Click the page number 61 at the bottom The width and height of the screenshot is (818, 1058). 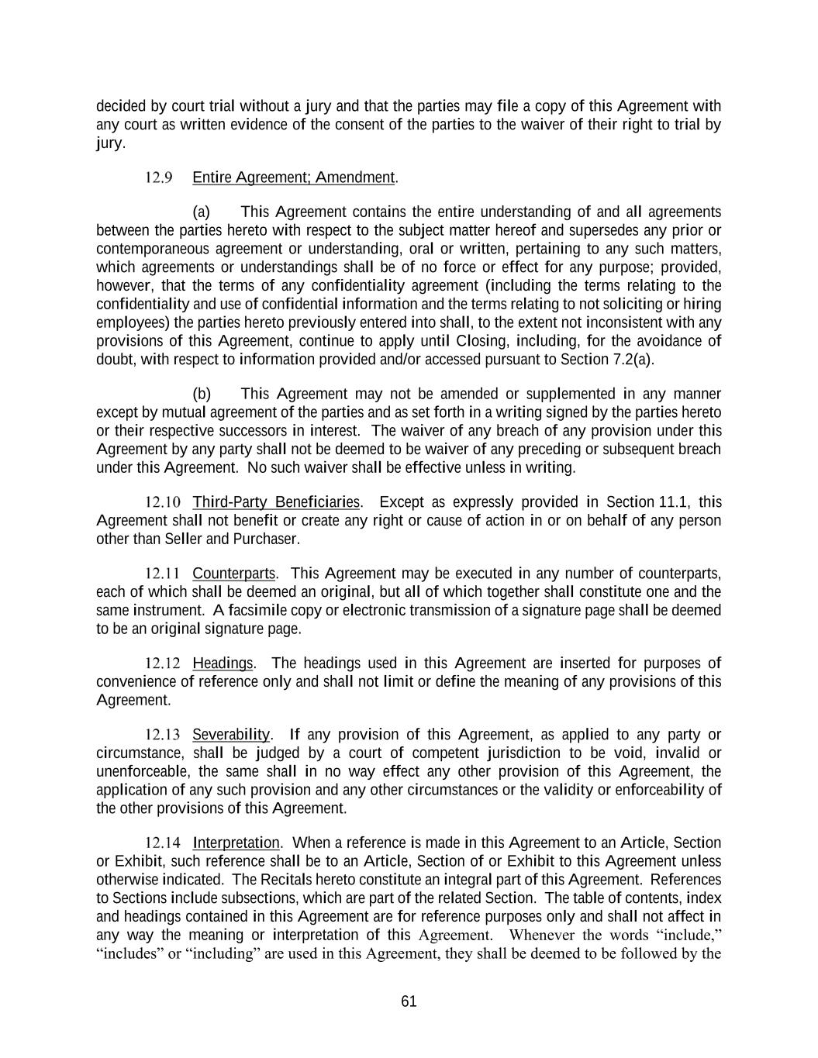click(x=409, y=1001)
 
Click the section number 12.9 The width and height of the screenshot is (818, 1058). click(x=159, y=177)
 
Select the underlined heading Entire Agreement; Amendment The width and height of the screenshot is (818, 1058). click(x=294, y=177)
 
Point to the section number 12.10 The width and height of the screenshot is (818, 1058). click(x=163, y=502)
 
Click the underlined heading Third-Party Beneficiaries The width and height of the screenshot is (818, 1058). click(x=276, y=502)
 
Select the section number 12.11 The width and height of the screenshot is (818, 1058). click(x=163, y=574)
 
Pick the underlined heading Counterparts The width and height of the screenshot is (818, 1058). click(x=233, y=574)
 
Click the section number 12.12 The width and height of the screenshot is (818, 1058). click(x=163, y=663)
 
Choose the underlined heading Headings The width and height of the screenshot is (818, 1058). click(x=223, y=663)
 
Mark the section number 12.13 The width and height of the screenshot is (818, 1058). click(x=163, y=735)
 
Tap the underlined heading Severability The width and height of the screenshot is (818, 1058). click(x=230, y=735)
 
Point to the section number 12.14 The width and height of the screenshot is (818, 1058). click(x=163, y=843)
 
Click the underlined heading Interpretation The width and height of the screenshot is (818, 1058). click(x=236, y=843)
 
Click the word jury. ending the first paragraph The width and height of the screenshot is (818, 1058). click(x=110, y=143)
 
